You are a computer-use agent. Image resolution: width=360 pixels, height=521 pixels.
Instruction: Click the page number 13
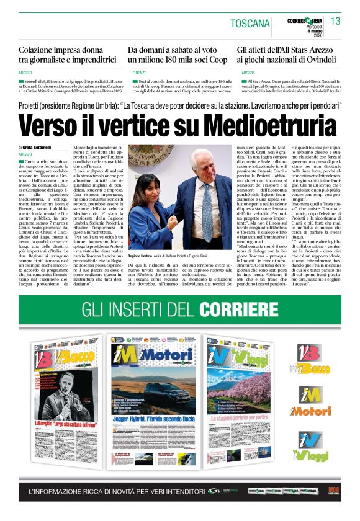point(335,21)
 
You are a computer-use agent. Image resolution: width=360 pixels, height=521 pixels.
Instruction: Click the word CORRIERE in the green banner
point(230,309)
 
